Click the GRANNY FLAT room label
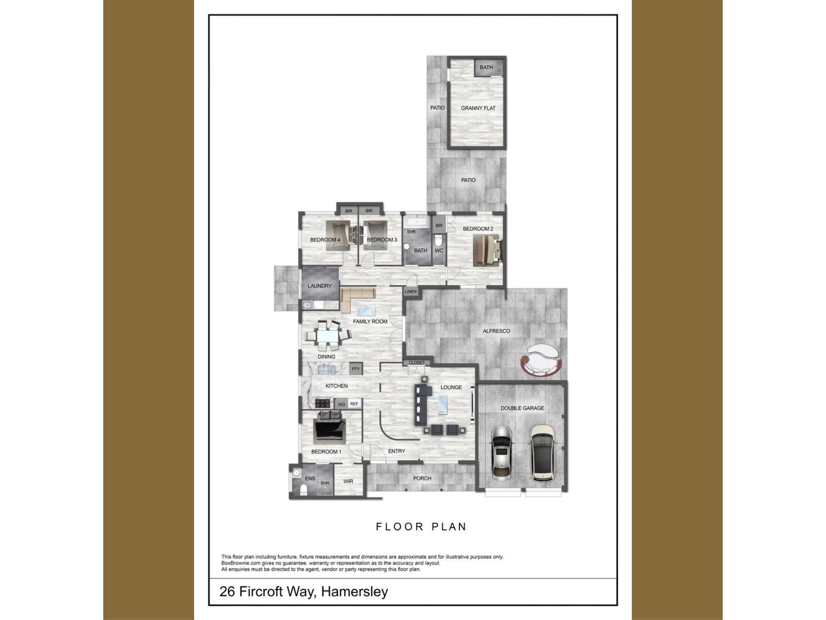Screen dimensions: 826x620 [x=478, y=108]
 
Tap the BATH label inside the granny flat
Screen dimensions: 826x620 [x=486, y=67]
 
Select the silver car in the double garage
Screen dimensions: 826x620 [x=501, y=452]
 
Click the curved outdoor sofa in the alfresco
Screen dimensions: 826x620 [x=541, y=361]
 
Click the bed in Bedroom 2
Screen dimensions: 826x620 [x=487, y=250]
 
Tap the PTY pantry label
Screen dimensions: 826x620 [x=355, y=369]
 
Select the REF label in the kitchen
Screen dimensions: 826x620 [x=354, y=404]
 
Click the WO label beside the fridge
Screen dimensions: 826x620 [x=342, y=404]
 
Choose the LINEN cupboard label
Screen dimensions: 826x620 [x=410, y=291]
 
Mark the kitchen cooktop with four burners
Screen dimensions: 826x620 [x=322, y=403]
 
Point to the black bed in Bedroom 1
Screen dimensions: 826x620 [x=330, y=426]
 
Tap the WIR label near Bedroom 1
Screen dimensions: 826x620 [x=348, y=481]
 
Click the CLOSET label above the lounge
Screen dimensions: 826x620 [x=416, y=363]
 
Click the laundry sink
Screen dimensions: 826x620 [x=307, y=305]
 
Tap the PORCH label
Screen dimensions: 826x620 [x=422, y=478]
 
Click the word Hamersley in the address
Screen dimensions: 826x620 [x=354, y=592]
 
